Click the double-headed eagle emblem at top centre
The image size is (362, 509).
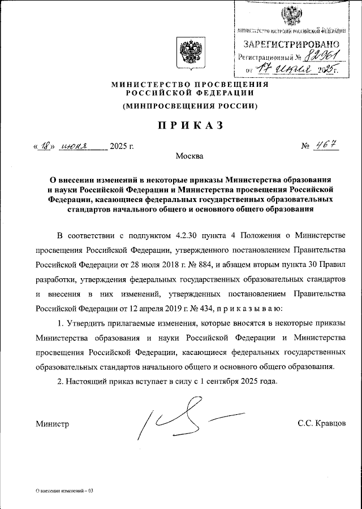(x=189, y=52)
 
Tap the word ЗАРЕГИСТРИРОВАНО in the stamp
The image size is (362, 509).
(x=291, y=44)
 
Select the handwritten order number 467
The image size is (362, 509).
(x=327, y=146)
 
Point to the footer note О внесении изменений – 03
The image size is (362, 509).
(x=64, y=490)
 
